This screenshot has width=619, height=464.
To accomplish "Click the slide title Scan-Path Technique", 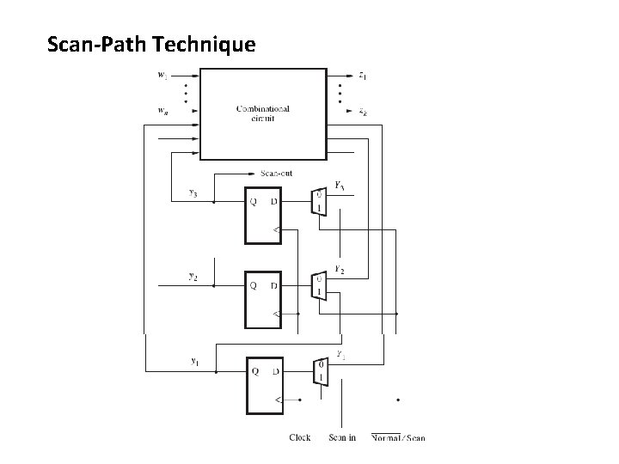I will coord(151,44).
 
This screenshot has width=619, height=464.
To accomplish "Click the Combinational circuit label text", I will coord(263,113).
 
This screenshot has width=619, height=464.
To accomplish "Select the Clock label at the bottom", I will coord(300,438).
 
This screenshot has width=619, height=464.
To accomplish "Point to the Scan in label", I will coord(342,438).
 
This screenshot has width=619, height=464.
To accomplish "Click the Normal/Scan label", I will coord(399,438).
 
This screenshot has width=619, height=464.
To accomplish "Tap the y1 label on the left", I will coord(196,360).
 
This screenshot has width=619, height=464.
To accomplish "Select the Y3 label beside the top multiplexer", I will coord(340,186).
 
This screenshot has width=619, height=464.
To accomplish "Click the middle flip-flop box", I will coord(263,297).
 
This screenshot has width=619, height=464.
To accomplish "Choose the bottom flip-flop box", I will coord(263,382).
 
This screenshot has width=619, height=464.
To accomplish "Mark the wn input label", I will coord(162,111).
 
